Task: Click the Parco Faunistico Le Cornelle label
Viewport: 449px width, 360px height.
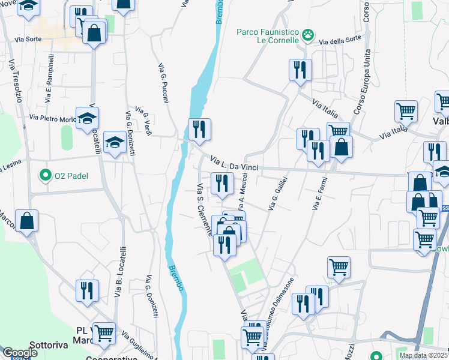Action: pyautogui.click(x=268, y=36)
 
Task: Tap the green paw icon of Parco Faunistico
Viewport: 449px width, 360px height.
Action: pyautogui.click(x=309, y=35)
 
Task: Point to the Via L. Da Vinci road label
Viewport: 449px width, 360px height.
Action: pyautogui.click(x=234, y=163)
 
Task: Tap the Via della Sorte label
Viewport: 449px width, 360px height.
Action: pyautogui.click(x=340, y=41)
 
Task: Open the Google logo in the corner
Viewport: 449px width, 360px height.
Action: pyautogui.click(x=20, y=353)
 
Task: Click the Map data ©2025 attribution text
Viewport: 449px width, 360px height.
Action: pyautogui.click(x=423, y=355)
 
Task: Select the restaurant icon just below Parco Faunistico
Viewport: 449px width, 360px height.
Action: pyautogui.click(x=300, y=70)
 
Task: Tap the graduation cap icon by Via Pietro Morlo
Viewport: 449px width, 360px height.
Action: pyautogui.click(x=87, y=118)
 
